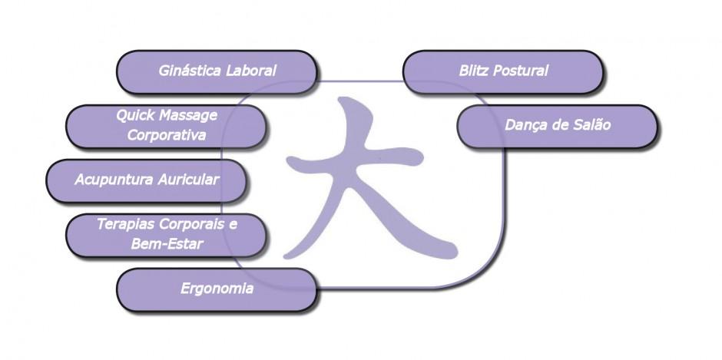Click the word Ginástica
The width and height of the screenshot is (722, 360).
(x=190, y=71)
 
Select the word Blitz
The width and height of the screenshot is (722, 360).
(x=474, y=71)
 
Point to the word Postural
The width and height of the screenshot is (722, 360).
(x=521, y=71)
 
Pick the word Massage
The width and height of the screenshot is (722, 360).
(x=187, y=116)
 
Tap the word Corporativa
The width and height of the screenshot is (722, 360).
(x=166, y=135)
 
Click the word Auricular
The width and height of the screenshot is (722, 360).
(x=188, y=179)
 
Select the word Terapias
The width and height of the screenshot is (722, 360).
(x=126, y=224)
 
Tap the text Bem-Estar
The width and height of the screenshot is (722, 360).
(x=167, y=243)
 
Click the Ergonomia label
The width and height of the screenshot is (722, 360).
(x=217, y=289)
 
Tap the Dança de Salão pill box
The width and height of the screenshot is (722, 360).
(x=557, y=127)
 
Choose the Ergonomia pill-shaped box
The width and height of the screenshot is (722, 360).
(x=217, y=290)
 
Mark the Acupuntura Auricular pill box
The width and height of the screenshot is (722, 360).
(x=147, y=181)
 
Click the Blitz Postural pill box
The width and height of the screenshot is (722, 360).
(x=503, y=72)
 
